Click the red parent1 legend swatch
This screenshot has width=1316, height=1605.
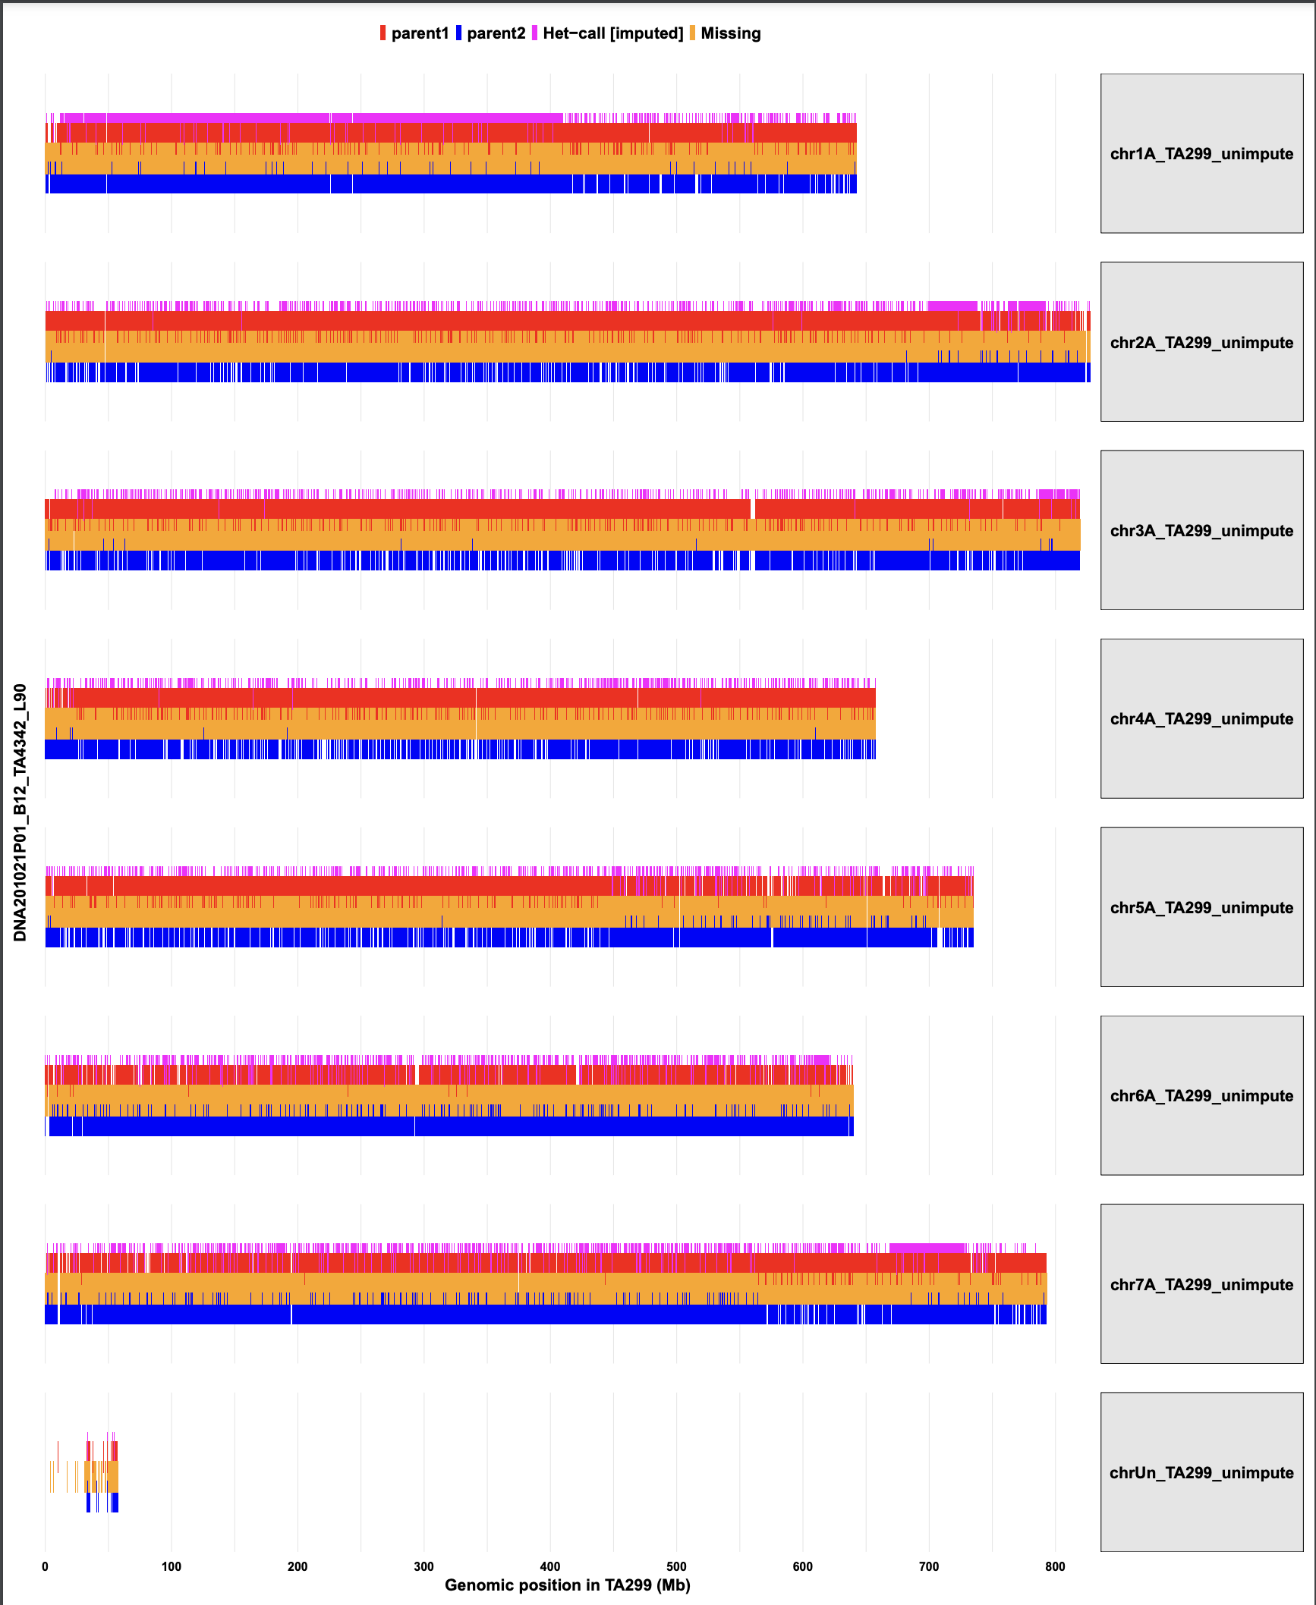(x=383, y=33)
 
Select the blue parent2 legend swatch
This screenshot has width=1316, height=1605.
(x=458, y=33)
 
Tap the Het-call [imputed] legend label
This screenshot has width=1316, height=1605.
(x=612, y=33)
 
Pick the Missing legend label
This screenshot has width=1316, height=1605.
(x=730, y=33)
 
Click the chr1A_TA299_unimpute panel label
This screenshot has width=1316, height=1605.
(x=1201, y=154)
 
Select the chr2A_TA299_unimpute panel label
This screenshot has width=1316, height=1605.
(x=1201, y=342)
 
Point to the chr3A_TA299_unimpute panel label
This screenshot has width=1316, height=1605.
(x=1201, y=531)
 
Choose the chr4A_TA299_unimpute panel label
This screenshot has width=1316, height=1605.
(x=1201, y=719)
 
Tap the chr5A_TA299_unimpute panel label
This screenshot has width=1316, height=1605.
(x=1201, y=907)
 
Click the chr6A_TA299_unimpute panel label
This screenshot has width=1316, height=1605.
(x=1201, y=1096)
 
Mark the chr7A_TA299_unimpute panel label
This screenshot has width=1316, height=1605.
(x=1201, y=1284)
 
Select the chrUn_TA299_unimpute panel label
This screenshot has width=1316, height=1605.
(x=1201, y=1472)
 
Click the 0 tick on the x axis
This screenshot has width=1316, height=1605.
(x=46, y=1566)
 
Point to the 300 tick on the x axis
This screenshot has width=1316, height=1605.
(x=424, y=1566)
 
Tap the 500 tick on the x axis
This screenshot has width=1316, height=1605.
(x=676, y=1566)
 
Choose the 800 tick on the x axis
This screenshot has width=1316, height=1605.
(x=1055, y=1566)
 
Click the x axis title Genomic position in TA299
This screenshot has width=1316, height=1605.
(x=567, y=1585)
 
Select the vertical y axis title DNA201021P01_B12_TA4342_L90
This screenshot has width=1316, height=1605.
(x=20, y=812)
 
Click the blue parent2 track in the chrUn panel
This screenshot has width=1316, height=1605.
(x=115, y=1503)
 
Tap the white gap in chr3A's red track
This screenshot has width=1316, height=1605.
(x=753, y=508)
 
